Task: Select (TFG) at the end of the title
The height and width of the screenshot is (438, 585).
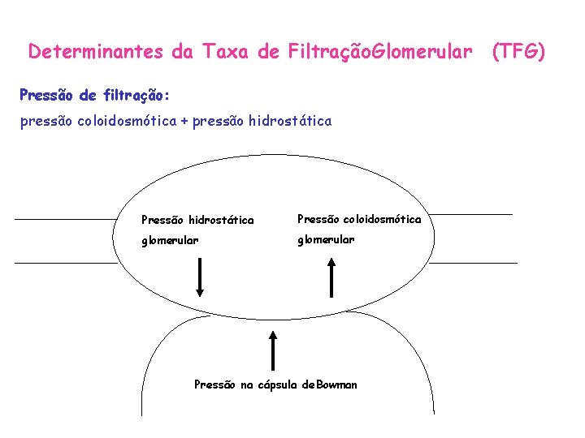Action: pyautogui.click(x=519, y=53)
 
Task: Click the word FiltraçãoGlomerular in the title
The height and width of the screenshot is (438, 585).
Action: pyautogui.click(x=379, y=53)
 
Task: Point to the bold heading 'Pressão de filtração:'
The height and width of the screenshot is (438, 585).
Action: pyautogui.click(x=94, y=95)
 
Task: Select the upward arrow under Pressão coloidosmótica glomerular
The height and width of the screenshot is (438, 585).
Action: pyautogui.click(x=331, y=278)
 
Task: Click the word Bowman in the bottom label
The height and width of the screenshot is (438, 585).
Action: pyautogui.click(x=336, y=384)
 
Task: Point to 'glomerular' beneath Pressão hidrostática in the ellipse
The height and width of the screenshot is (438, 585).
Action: pyautogui.click(x=170, y=240)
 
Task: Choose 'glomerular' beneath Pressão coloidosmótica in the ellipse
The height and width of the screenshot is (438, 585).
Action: pyautogui.click(x=326, y=239)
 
